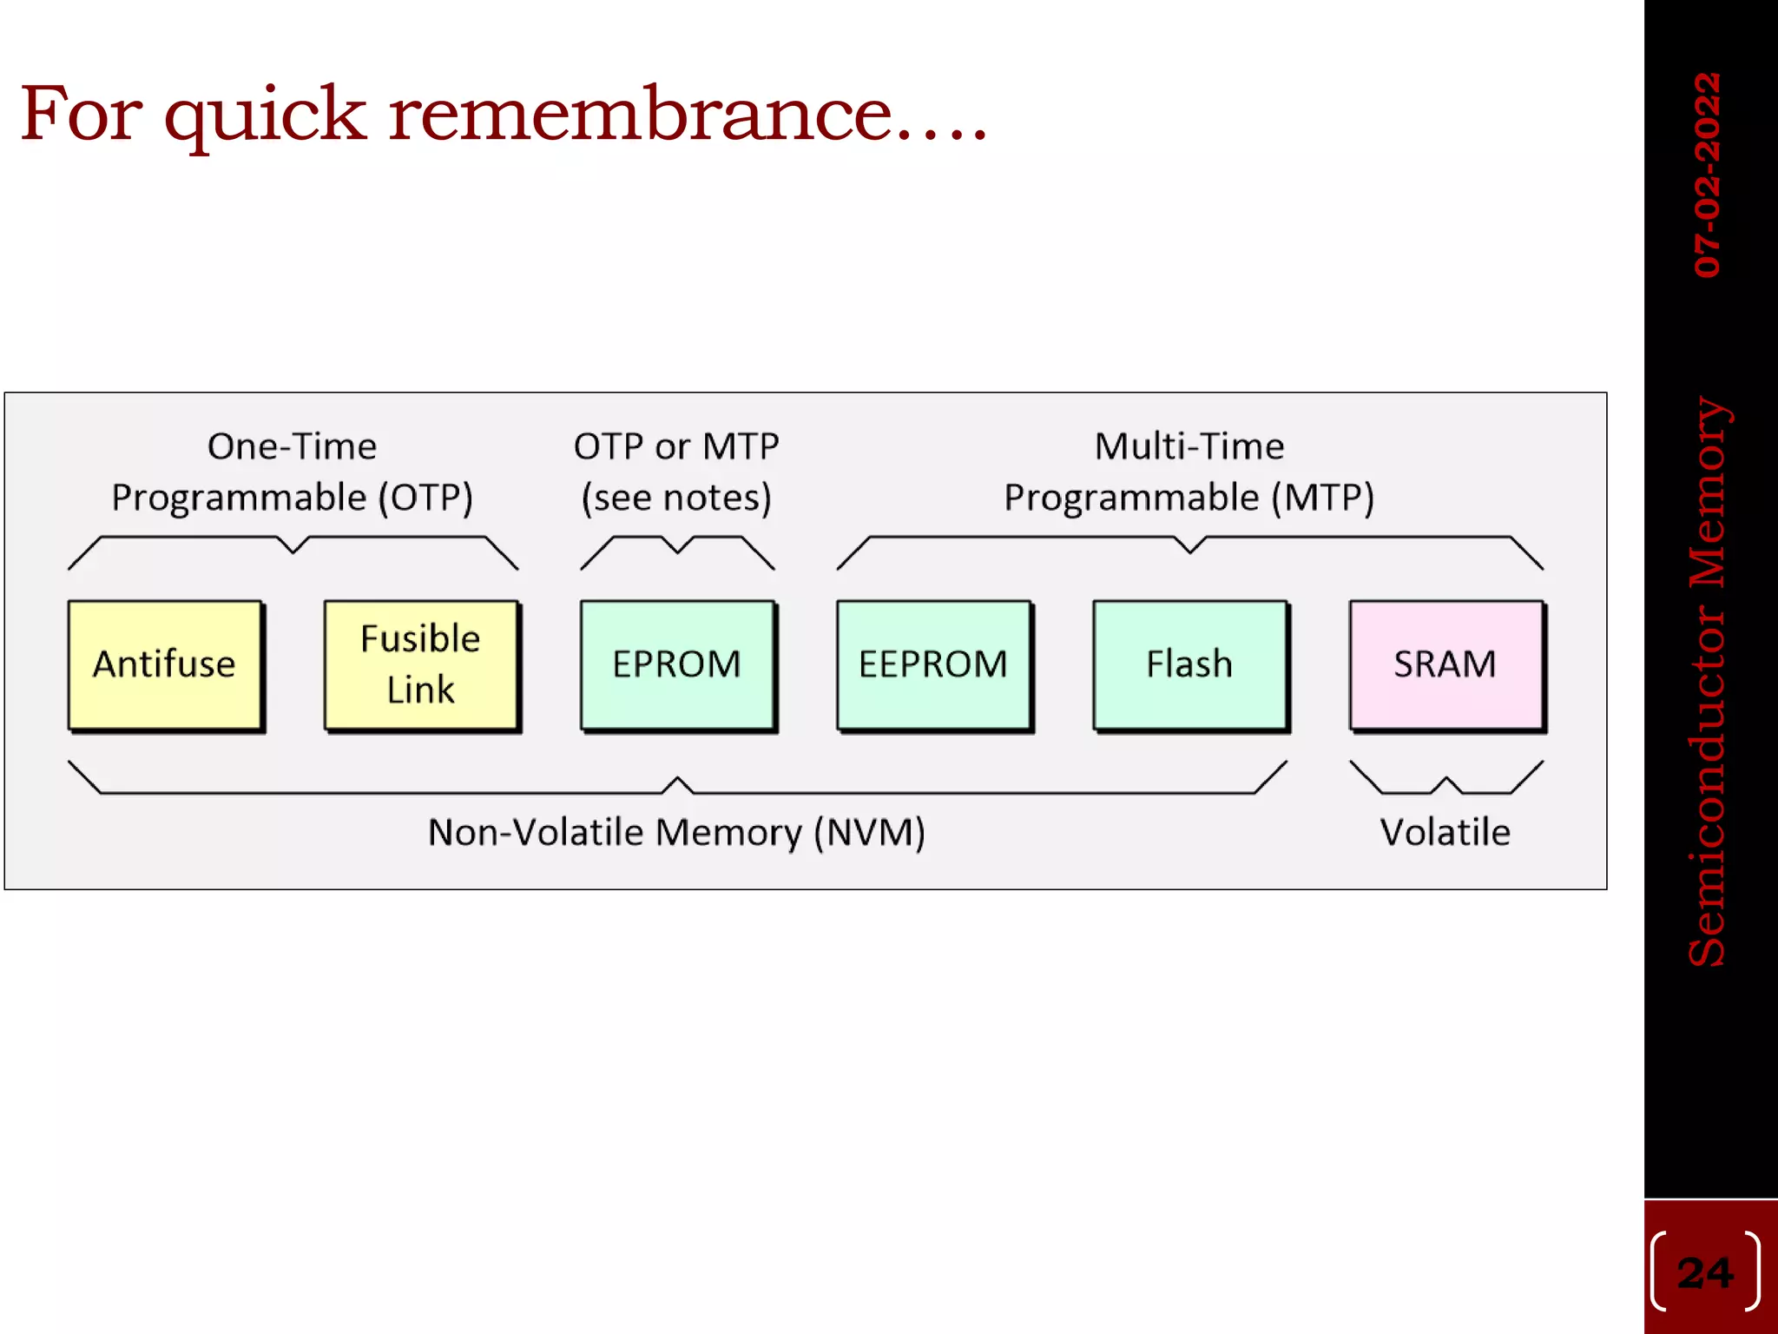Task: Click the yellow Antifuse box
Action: click(165, 664)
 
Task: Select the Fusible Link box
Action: click(421, 664)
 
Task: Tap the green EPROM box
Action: click(677, 664)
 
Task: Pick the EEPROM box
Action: click(933, 664)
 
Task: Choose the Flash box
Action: click(1189, 664)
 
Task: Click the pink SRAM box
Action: click(1445, 664)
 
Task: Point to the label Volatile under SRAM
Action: click(1445, 832)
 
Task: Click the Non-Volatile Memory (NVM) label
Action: click(676, 832)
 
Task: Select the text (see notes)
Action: click(676, 498)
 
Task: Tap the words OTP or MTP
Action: click(676, 446)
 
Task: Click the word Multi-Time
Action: click(1189, 446)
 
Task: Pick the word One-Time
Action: click(292, 446)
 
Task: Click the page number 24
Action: click(1705, 1273)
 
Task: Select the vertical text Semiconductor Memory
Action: click(1708, 682)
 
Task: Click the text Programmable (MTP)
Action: click(1189, 498)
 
